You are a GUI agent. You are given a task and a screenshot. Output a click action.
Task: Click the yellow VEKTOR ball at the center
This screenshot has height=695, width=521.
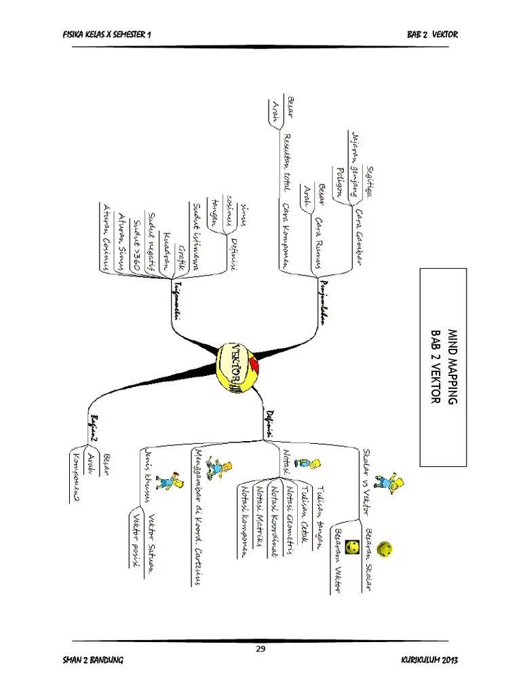(237, 369)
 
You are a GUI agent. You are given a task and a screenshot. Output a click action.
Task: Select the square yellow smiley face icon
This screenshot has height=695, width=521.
(352, 546)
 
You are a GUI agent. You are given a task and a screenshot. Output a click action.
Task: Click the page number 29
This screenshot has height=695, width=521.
(260, 649)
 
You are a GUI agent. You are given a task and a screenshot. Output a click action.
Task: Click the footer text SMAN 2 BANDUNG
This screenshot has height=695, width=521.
(93, 660)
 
